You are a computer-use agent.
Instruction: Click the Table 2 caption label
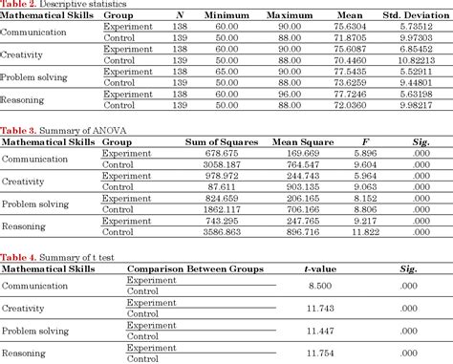point(18,5)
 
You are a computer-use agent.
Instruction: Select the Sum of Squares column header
point(219,140)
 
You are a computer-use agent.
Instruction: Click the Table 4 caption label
point(18,256)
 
